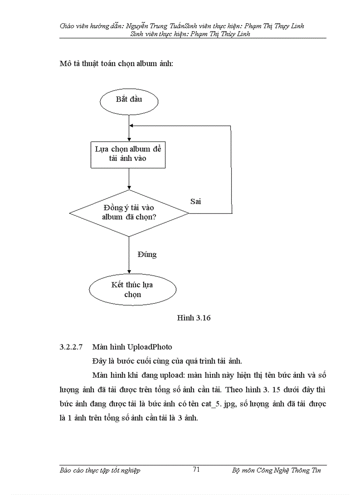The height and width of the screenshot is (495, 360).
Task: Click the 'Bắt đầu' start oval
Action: [x=129, y=100]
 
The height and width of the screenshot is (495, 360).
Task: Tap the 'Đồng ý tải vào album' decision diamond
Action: [x=129, y=212]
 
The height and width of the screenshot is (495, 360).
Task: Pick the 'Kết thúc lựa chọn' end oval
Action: [x=132, y=290]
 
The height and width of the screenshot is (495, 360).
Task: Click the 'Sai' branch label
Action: [x=195, y=201]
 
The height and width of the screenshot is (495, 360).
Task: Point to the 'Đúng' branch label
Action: [x=147, y=254]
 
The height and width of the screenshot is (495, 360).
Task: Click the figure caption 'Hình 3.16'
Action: [x=193, y=318]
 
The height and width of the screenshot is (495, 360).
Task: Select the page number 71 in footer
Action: [x=196, y=470]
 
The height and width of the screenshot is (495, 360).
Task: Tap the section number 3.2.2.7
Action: [x=71, y=347]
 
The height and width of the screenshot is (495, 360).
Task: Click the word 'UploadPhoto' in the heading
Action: [x=150, y=347]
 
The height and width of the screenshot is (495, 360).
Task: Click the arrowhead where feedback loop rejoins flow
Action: [x=131, y=126]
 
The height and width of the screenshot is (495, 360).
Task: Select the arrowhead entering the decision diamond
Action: [x=129, y=187]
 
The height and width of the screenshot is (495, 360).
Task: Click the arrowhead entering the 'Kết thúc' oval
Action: [x=129, y=272]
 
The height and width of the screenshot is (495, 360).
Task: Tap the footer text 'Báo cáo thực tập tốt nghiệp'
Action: [x=100, y=470]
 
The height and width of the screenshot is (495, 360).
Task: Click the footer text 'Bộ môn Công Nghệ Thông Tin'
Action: [x=276, y=470]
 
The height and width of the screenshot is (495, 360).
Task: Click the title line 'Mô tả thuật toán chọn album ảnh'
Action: [x=116, y=64]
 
